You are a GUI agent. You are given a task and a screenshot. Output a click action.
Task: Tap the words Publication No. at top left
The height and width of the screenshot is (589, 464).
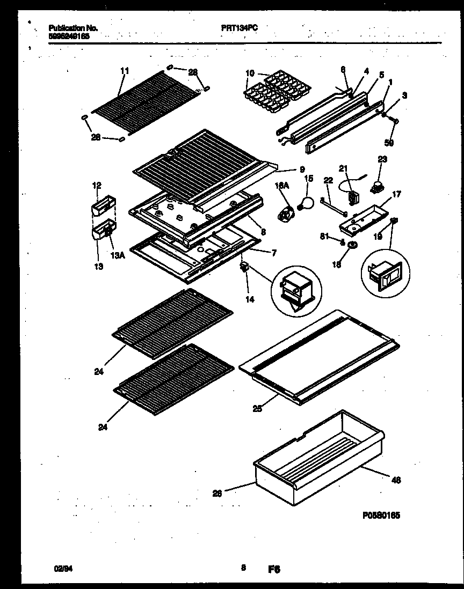click(x=73, y=28)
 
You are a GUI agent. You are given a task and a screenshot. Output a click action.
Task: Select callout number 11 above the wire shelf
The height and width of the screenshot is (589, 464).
click(x=125, y=70)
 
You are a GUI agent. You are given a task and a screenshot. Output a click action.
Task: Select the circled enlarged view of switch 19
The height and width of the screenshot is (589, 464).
click(x=384, y=273)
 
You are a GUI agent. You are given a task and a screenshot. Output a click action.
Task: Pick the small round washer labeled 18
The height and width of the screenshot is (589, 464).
click(x=354, y=246)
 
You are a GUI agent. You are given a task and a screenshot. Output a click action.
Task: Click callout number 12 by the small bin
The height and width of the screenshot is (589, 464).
click(x=97, y=186)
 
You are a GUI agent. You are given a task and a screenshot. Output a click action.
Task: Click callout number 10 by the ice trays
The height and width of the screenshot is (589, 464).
click(x=250, y=73)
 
